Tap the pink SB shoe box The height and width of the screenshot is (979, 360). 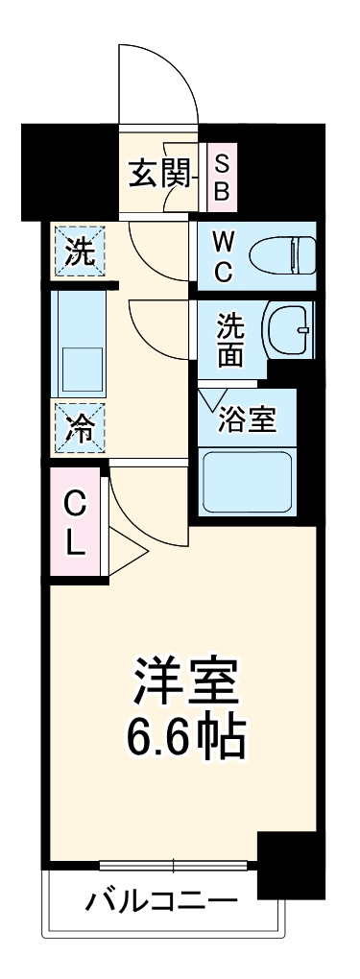pyautogui.click(x=222, y=178)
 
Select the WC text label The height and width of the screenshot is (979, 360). pyautogui.click(x=223, y=254)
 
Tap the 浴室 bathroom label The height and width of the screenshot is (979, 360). pyautogui.click(x=248, y=419)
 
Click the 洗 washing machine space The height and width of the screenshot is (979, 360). pyautogui.click(x=80, y=252)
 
